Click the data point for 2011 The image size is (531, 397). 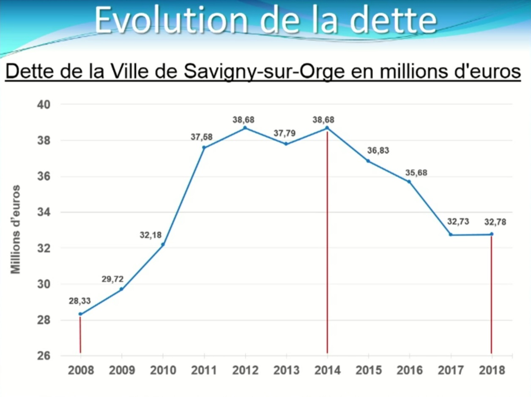[x=204, y=147]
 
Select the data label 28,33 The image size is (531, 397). [x=80, y=302]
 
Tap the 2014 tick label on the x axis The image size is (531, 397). [x=327, y=370]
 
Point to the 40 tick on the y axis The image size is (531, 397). [x=43, y=104]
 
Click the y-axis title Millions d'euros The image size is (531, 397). [x=16, y=229]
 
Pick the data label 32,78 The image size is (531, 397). [x=492, y=222]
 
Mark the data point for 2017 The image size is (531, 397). [x=451, y=235]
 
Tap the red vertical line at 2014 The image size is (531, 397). [x=327, y=253]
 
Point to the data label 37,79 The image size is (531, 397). [x=285, y=133]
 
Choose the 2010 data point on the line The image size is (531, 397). [x=163, y=245]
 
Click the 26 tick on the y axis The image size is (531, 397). [x=43, y=356]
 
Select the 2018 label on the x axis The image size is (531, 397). [x=492, y=370]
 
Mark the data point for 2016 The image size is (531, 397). [x=409, y=182]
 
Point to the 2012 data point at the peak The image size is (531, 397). [x=245, y=128]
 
